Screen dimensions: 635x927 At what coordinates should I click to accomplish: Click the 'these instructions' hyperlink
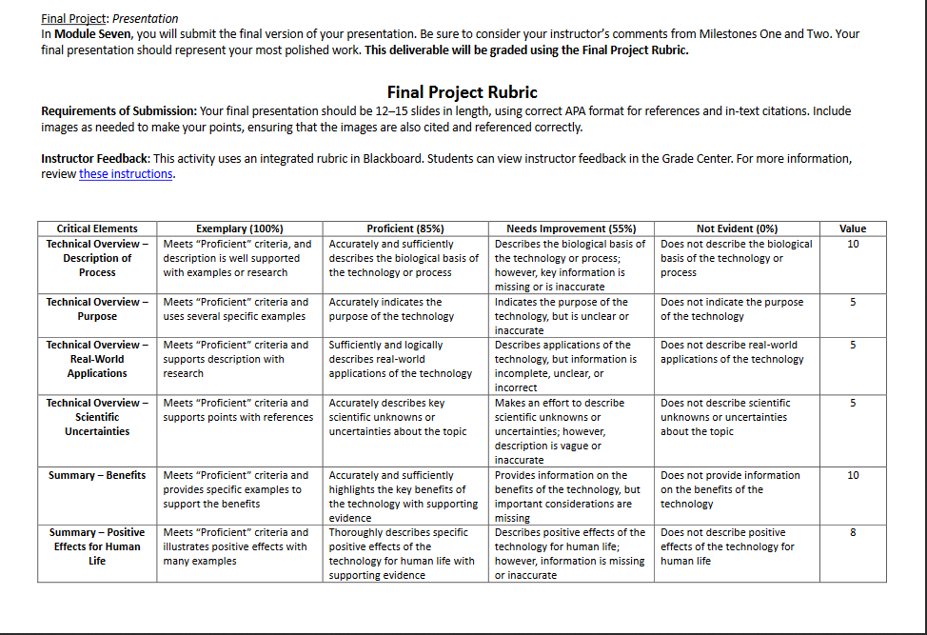click(126, 174)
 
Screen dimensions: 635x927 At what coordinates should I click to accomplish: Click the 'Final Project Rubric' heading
click(462, 92)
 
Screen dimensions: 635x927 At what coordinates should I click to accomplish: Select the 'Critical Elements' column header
click(97, 228)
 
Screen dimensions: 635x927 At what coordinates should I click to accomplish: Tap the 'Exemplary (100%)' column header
click(239, 228)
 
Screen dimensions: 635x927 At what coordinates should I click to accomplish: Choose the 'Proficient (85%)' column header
click(405, 228)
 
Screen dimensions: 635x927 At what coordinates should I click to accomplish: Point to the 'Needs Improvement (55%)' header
click(571, 228)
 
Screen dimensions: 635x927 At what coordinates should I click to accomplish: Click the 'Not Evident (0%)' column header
click(738, 228)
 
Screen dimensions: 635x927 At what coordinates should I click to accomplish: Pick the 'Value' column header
click(853, 228)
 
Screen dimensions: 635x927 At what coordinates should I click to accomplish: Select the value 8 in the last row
click(853, 533)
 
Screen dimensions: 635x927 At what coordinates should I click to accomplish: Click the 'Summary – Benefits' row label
click(97, 475)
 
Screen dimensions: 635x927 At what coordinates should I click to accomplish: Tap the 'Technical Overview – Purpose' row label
click(97, 308)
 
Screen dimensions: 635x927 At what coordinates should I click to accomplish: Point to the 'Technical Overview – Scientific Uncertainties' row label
click(97, 417)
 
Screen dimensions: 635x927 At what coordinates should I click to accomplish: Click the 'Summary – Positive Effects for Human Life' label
click(97, 546)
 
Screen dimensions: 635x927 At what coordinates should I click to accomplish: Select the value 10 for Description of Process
click(853, 244)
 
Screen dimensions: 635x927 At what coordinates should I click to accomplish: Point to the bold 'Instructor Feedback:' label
click(95, 158)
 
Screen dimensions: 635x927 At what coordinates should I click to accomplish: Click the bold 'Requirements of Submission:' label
click(119, 111)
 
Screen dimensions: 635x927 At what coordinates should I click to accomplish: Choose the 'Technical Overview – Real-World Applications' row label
click(97, 359)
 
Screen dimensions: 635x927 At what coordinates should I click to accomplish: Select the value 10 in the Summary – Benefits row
click(853, 475)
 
